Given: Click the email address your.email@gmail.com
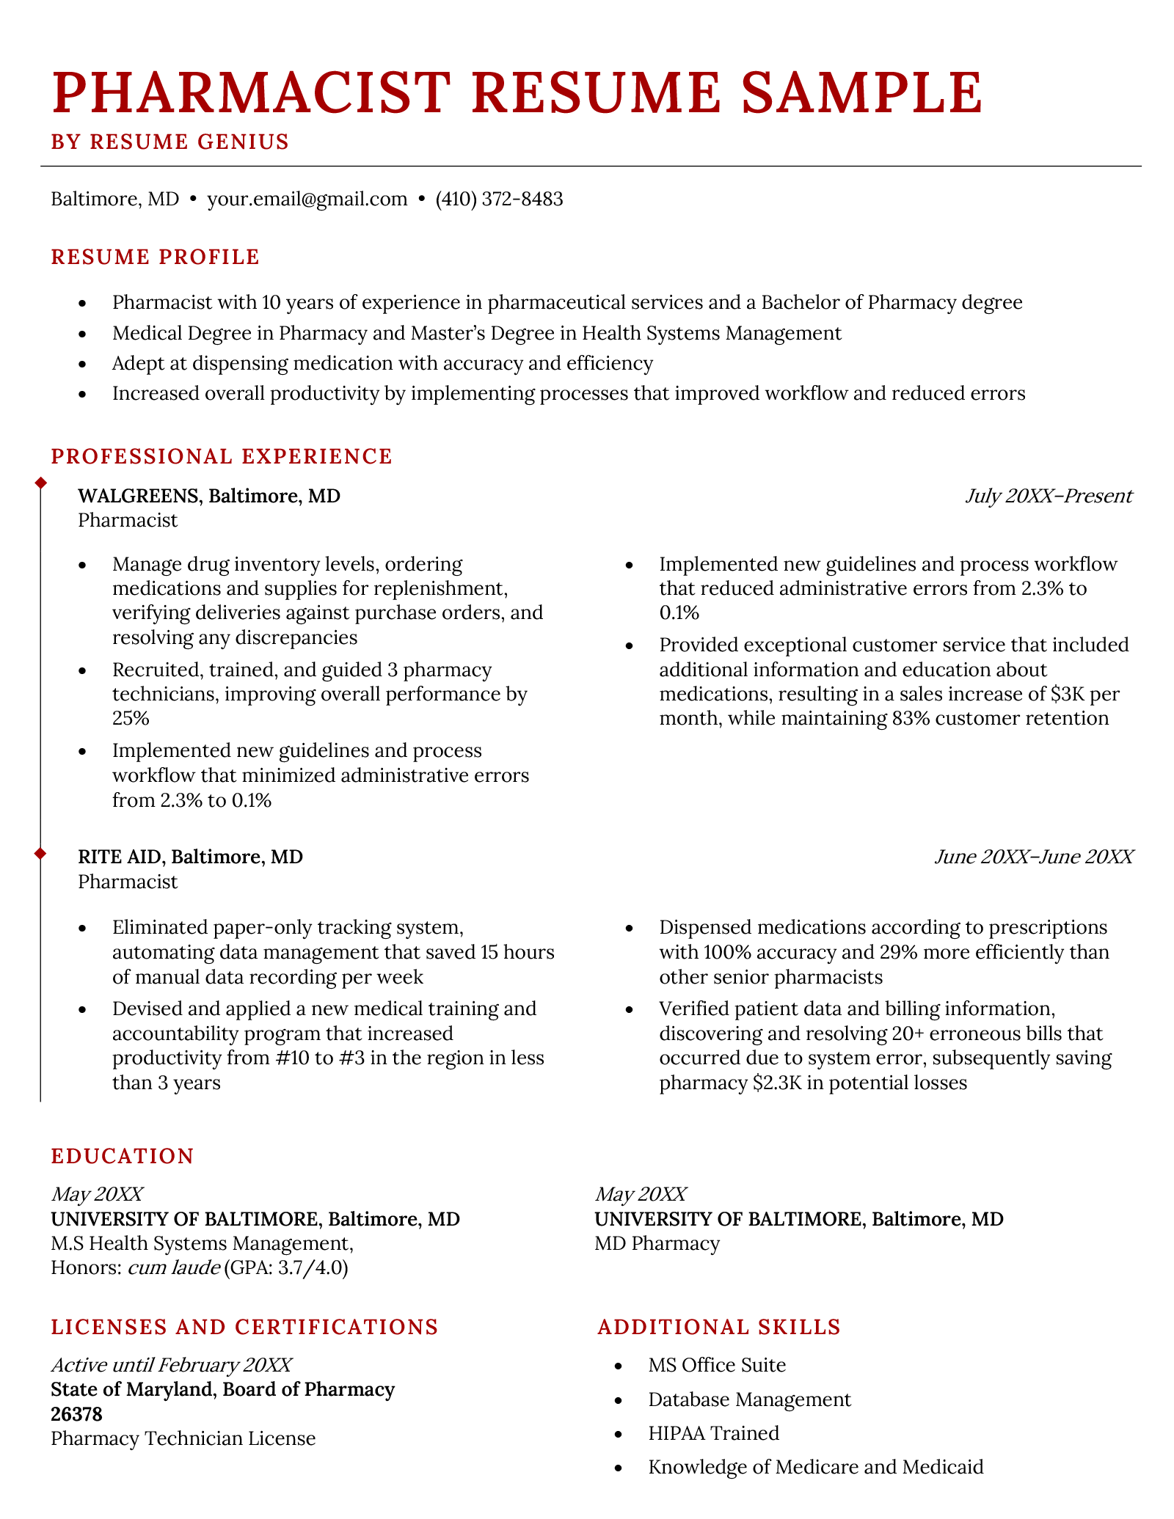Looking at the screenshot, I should pos(307,199).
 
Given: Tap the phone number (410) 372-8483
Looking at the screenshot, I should pos(499,199).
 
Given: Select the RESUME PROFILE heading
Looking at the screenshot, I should pos(155,257).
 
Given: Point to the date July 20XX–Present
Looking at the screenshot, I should pos(1049,496).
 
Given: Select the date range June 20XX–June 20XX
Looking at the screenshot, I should pos(1033,857).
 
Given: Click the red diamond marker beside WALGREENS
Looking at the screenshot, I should pos(41,482).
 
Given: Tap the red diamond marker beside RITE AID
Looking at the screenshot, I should pos(41,853).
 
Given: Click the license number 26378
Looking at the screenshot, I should pos(76,1413).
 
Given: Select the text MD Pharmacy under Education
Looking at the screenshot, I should pos(657,1243).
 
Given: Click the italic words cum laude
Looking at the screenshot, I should pos(173,1267).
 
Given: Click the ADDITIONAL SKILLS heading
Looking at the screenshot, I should pos(718,1327).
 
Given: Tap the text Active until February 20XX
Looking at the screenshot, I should pos(171,1365).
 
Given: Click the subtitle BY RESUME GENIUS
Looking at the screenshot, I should pos(170,142).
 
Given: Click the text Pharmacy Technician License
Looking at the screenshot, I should pos(183,1438).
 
